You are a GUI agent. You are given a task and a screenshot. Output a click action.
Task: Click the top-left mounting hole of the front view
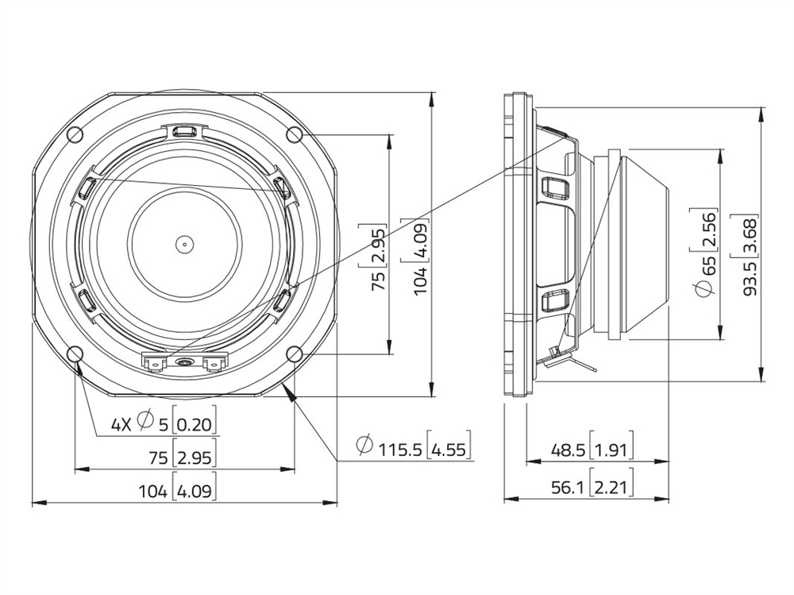[x=75, y=134]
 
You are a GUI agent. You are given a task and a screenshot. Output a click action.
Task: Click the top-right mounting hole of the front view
[x=295, y=134]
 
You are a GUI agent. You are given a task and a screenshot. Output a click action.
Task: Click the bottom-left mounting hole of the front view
[x=75, y=354]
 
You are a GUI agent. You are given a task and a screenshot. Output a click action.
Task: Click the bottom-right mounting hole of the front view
[x=295, y=354]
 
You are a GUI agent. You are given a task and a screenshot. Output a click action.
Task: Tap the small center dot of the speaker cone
[x=185, y=245]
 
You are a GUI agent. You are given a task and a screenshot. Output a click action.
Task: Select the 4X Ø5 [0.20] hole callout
[x=164, y=422]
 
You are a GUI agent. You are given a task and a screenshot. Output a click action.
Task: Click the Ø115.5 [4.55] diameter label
[x=414, y=446]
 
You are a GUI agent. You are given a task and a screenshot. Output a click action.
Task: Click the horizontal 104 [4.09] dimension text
[x=177, y=489]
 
